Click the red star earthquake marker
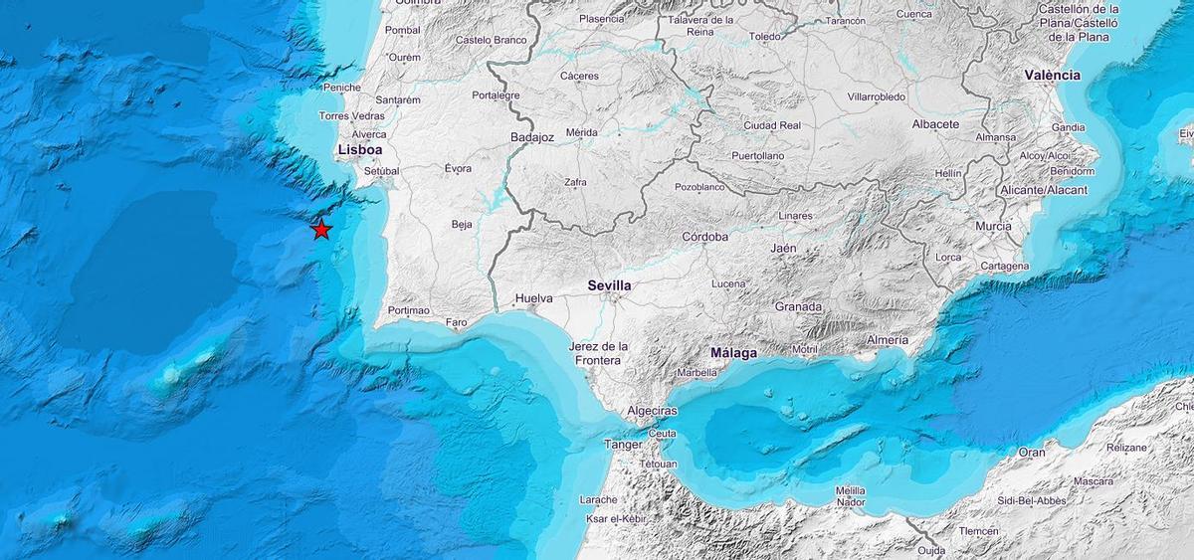click(321, 230)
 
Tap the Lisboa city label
click(360, 149)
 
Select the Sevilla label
click(609, 285)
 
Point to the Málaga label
click(733, 353)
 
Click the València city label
click(1052, 76)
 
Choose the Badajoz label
click(531, 137)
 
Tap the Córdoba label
click(705, 237)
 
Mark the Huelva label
click(533, 298)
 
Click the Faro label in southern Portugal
click(456, 322)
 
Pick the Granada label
click(798, 306)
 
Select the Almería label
click(887, 340)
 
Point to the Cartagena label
click(1004, 267)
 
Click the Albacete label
click(935, 124)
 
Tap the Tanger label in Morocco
click(623, 445)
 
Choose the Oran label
click(1032, 453)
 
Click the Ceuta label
click(662, 433)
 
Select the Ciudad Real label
click(772, 125)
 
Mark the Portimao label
click(409, 310)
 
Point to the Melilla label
click(850, 490)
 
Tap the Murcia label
click(993, 227)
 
